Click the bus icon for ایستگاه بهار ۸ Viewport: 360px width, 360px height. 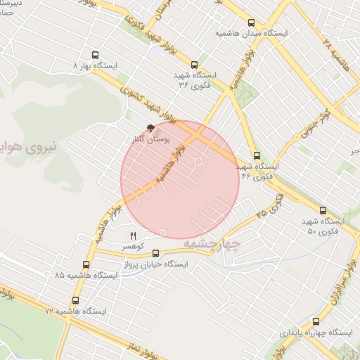96,55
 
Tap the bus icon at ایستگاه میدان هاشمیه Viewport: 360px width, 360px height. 252,22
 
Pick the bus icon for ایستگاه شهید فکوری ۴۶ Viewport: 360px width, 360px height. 257,156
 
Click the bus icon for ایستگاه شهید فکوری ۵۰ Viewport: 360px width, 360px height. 323,210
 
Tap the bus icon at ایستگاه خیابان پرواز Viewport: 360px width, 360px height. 156,255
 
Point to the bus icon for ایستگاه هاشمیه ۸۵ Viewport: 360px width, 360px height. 86,264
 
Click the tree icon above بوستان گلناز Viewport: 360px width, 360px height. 150,129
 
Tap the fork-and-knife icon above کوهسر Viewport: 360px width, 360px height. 132,235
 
